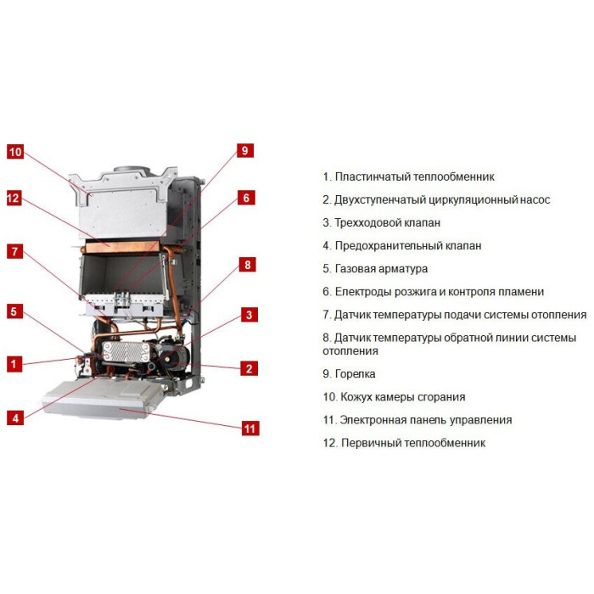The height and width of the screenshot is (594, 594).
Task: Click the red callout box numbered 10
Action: (15, 152)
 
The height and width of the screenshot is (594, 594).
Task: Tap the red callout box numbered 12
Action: (14, 198)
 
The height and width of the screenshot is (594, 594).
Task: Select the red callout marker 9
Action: (245, 150)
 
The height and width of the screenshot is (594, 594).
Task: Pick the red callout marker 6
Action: (246, 198)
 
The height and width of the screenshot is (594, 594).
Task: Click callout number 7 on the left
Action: (14, 251)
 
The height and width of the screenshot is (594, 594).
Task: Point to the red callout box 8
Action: (248, 265)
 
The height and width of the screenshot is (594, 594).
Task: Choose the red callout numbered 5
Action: (14, 311)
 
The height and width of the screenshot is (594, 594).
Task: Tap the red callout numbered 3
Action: (249, 315)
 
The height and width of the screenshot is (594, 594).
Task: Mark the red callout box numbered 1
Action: (14, 364)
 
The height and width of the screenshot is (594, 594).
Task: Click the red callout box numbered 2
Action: (249, 368)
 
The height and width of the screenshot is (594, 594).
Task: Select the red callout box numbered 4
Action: (15, 418)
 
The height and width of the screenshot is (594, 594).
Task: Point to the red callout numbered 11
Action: (250, 429)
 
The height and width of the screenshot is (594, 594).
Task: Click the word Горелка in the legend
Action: (355, 374)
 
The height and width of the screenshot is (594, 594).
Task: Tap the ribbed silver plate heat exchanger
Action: (125, 352)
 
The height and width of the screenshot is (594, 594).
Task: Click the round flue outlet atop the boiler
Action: (132, 169)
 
